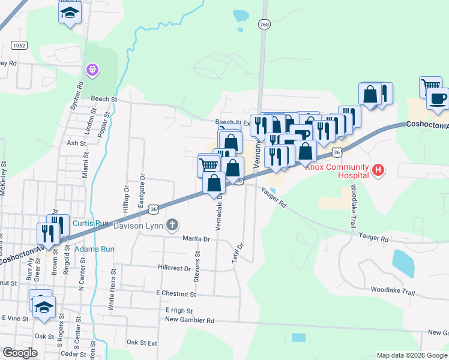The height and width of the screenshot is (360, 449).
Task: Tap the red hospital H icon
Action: pyautogui.click(x=378, y=170)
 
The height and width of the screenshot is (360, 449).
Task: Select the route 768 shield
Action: pyautogui.click(x=264, y=24)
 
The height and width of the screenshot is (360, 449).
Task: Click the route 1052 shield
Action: pyautogui.click(x=19, y=45)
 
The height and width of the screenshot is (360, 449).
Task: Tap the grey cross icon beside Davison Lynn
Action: pyautogui.click(x=173, y=225)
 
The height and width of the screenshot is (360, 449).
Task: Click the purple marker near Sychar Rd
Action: pyautogui.click(x=91, y=71)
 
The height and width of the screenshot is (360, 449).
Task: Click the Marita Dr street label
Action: pyautogui.click(x=196, y=239)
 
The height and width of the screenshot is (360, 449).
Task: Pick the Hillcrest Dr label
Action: pyautogui.click(x=175, y=268)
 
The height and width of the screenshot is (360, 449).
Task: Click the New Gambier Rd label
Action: pyautogui.click(x=190, y=320)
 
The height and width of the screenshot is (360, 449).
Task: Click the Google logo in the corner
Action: pyautogui.click(x=20, y=353)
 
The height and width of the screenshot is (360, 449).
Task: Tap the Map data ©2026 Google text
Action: pyautogui.click(x=411, y=355)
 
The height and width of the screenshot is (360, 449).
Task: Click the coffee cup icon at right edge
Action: pyautogui.click(x=437, y=98)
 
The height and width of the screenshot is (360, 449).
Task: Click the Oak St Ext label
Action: pyautogui.click(x=142, y=343)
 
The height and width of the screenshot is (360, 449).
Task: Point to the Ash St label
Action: pyautogui.click(x=77, y=143)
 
